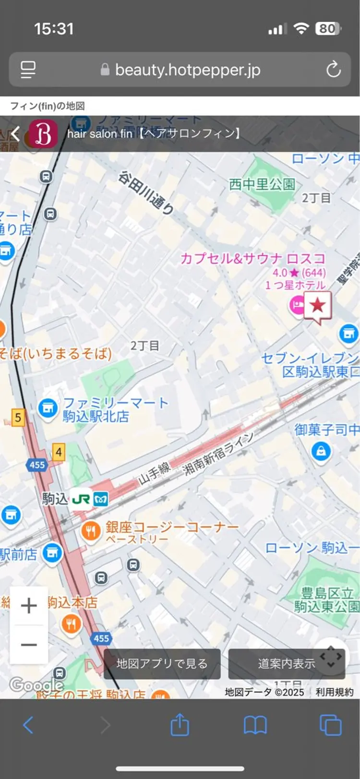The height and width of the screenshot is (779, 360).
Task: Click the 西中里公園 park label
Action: tap(262, 184)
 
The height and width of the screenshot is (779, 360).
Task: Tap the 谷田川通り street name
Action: tap(146, 193)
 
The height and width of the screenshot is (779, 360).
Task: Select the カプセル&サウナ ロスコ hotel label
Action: tap(253, 259)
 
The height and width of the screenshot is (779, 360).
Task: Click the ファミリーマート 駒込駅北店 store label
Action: tap(115, 409)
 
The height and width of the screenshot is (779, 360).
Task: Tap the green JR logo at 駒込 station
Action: tap(81, 500)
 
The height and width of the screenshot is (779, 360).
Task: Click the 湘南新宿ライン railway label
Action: tap(218, 454)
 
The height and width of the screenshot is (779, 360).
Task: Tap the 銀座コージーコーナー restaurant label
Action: tap(172, 527)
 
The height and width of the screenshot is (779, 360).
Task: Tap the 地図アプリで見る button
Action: tap(162, 663)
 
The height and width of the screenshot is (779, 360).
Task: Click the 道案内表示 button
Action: tap(286, 663)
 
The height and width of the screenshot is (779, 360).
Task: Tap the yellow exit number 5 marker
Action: tap(18, 417)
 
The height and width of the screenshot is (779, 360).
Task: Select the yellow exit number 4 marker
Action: tap(59, 452)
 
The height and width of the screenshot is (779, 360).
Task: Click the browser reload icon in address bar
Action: tap(333, 70)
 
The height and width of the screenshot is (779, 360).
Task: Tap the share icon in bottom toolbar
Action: tap(180, 724)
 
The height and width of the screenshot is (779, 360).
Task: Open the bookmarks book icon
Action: tap(255, 725)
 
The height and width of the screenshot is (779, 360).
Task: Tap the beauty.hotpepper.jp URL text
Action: tap(188, 70)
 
